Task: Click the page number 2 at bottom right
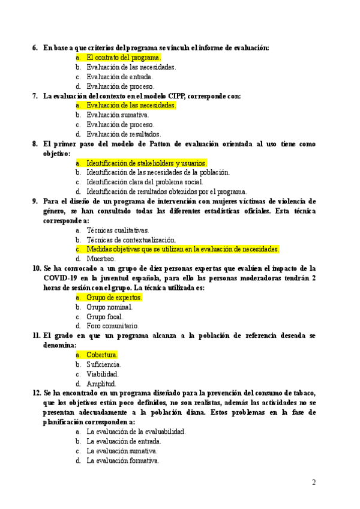click(x=314, y=482)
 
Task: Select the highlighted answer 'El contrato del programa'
click(x=122, y=58)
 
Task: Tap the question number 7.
click(x=35, y=96)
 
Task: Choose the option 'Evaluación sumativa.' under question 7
click(x=118, y=115)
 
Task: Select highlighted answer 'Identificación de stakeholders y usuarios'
click(x=146, y=163)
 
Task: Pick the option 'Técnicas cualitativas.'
click(x=118, y=230)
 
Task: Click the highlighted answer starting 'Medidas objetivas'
click(x=182, y=249)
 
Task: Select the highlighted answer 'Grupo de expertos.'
click(x=114, y=298)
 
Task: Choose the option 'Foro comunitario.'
click(x=112, y=327)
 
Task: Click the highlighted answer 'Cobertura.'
click(x=102, y=355)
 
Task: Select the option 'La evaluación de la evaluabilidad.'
click(x=136, y=432)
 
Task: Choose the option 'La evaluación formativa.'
click(x=122, y=461)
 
